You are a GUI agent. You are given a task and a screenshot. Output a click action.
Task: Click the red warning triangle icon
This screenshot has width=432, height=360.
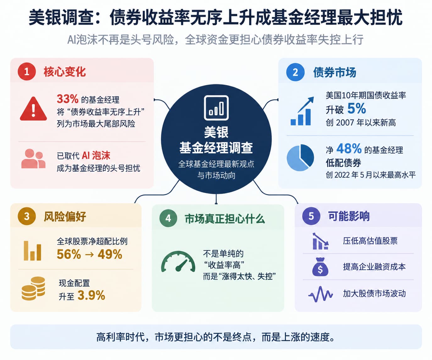33,109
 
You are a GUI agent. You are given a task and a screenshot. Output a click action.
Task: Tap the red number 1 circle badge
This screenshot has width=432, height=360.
27,72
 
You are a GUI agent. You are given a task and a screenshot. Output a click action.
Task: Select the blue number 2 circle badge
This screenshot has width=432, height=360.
295,72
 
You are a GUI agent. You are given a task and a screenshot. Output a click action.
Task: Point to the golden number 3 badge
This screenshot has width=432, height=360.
27,216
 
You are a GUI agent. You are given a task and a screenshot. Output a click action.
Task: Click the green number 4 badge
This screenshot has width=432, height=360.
168,218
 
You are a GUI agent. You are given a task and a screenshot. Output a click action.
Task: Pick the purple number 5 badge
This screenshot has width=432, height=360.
311,216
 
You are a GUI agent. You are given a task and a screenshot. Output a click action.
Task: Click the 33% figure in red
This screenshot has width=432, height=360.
68,99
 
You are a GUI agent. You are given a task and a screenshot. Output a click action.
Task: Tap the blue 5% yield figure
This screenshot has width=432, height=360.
357,108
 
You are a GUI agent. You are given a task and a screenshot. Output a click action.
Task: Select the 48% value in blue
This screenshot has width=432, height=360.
349,148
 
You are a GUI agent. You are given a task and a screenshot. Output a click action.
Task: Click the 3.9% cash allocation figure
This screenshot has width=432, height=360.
91,295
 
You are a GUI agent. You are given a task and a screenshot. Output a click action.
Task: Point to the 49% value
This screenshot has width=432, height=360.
110,254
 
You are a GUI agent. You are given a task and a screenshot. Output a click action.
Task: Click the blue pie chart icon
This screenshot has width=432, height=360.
300,158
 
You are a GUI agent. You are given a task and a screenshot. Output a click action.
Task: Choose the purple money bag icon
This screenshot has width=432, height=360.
320,267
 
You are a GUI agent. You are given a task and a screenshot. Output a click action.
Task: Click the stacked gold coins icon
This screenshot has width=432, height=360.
33,288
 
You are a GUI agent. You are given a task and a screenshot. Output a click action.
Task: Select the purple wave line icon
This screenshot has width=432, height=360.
320,294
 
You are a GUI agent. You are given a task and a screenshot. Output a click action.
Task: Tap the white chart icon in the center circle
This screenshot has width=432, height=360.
216,108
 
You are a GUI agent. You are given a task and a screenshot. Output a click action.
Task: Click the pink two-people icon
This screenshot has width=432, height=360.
33,159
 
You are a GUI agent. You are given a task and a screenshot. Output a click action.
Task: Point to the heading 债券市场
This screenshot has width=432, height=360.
335,72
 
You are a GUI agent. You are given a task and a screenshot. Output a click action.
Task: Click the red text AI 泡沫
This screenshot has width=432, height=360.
96,156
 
